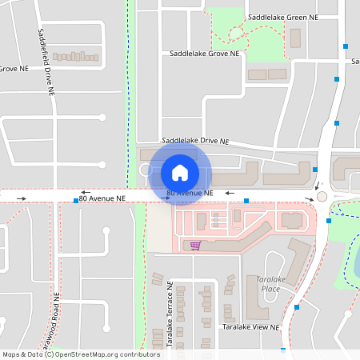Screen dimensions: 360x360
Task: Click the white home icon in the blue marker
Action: coord(180,172)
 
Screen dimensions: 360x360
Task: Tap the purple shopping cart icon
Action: coord(194,245)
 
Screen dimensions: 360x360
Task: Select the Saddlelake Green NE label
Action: coord(282,17)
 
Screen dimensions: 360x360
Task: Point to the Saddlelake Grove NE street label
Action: coord(205,54)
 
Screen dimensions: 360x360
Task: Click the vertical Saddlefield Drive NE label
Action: coord(46,62)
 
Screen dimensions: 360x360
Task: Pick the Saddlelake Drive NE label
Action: coord(195,141)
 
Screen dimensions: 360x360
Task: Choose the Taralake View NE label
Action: coord(250,327)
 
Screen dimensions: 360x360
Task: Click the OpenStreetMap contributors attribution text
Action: coord(81,354)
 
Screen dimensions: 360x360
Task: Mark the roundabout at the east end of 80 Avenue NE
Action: coord(322,196)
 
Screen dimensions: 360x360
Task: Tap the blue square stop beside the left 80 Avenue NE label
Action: coord(75,200)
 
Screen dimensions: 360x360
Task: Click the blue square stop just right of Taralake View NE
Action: coord(297,306)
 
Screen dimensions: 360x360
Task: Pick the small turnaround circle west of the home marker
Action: coord(146,170)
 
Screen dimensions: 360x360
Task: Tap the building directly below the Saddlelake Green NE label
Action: coord(294,37)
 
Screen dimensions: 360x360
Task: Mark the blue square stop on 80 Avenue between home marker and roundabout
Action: coord(246,200)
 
